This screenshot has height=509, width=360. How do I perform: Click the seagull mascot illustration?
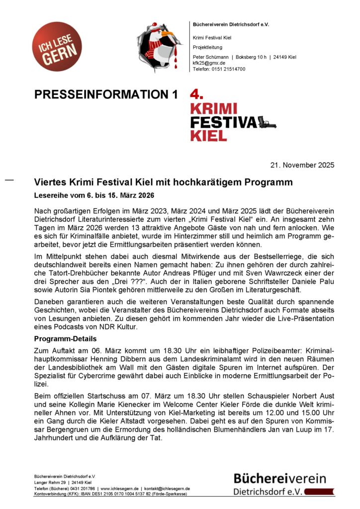(x=161, y=45)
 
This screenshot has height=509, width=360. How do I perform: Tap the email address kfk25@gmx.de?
(x=209, y=63)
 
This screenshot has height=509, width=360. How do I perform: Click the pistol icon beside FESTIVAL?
(x=267, y=122)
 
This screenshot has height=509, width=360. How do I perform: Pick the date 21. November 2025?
(x=303, y=165)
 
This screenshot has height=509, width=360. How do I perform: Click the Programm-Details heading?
(x=69, y=339)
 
